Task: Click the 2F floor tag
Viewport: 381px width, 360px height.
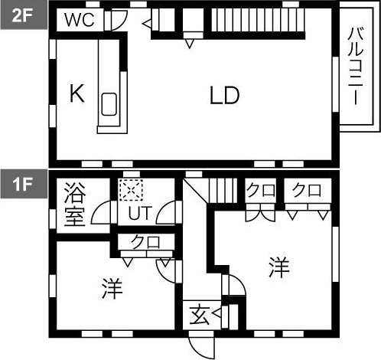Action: tap(24, 15)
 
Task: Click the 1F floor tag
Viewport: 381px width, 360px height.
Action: tap(24, 184)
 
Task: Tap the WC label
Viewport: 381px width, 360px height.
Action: tap(80, 20)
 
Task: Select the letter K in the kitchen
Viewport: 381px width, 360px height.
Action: tap(77, 93)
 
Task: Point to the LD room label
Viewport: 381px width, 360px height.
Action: tap(224, 95)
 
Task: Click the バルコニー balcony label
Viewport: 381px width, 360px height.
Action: tap(356, 66)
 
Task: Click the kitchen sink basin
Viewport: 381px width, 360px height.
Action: tap(109, 104)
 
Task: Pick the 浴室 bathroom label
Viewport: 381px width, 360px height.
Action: tap(74, 205)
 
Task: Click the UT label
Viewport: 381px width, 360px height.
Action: tap(140, 214)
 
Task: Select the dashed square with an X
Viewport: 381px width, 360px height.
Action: tap(131, 190)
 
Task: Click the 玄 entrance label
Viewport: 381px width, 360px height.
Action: tap(200, 315)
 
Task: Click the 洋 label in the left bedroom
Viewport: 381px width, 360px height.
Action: tap(112, 289)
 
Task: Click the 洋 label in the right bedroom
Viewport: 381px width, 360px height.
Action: tap(279, 267)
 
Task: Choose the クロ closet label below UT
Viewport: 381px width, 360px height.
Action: tap(145, 242)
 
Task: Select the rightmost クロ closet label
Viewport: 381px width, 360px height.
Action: tap(307, 191)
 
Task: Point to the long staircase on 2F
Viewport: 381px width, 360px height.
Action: tap(258, 20)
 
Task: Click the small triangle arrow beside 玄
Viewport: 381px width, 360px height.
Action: tap(217, 313)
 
